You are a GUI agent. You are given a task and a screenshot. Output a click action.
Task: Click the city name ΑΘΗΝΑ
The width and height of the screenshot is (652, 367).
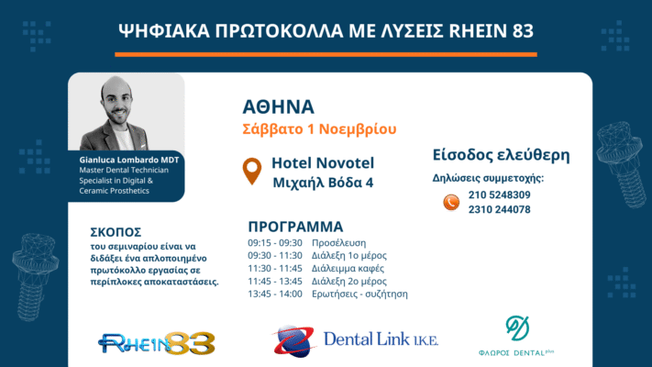278,107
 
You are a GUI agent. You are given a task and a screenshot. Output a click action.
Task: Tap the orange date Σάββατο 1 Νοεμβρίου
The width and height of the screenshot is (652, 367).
319,129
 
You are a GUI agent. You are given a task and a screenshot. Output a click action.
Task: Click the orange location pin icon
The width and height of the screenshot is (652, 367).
252,171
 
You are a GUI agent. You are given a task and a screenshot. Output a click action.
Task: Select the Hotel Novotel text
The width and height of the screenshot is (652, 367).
323,163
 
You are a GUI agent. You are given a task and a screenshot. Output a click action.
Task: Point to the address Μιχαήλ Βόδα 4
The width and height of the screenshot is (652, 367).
323,183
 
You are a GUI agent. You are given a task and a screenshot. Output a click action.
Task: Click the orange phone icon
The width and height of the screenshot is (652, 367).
451,203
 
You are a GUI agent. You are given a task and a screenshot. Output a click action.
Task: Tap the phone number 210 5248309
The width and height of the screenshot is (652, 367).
500,195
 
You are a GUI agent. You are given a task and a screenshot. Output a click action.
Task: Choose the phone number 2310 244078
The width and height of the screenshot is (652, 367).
500,209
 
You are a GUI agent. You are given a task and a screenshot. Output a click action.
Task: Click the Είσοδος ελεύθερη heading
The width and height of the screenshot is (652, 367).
501,155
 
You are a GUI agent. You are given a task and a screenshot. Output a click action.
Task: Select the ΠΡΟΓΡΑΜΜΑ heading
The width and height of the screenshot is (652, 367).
295,227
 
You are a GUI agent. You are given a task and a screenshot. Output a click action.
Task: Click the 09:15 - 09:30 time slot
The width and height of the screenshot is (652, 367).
275,243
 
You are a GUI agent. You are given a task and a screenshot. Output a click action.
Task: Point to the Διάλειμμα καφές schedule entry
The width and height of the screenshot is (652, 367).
348,269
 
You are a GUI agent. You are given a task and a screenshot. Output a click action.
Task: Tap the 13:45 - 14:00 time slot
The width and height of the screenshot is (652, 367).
275,295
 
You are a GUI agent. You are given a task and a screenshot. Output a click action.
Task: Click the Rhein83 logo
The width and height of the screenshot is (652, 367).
157,343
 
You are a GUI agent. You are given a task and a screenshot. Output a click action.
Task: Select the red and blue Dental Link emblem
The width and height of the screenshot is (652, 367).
293,341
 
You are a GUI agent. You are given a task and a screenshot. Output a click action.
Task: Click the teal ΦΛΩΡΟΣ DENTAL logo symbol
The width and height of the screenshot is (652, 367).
517,328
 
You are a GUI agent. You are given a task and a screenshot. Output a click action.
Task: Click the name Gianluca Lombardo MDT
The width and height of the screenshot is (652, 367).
129,160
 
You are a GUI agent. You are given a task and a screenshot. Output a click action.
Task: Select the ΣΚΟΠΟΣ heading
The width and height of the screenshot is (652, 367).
116,232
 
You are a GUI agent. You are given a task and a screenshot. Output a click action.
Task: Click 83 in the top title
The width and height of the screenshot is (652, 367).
523,31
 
